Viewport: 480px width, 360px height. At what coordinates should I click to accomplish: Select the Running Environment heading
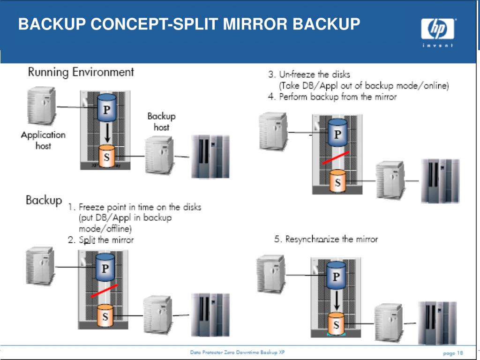tap(81, 72)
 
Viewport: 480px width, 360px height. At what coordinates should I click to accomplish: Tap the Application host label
tap(43, 140)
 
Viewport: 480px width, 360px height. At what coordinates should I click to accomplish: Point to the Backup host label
tap(161, 121)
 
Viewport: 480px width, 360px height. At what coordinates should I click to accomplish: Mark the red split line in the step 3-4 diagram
tap(335, 158)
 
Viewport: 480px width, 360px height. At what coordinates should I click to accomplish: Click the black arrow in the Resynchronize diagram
tap(336, 299)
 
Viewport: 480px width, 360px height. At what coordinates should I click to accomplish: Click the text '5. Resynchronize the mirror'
tap(326, 239)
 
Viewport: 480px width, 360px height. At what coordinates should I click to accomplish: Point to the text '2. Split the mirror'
tap(101, 240)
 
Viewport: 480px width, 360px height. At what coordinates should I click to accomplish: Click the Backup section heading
tap(44, 200)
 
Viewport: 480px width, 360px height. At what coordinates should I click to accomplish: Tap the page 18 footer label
tap(453, 352)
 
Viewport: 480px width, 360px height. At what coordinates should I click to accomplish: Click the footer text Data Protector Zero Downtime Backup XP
tap(237, 352)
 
